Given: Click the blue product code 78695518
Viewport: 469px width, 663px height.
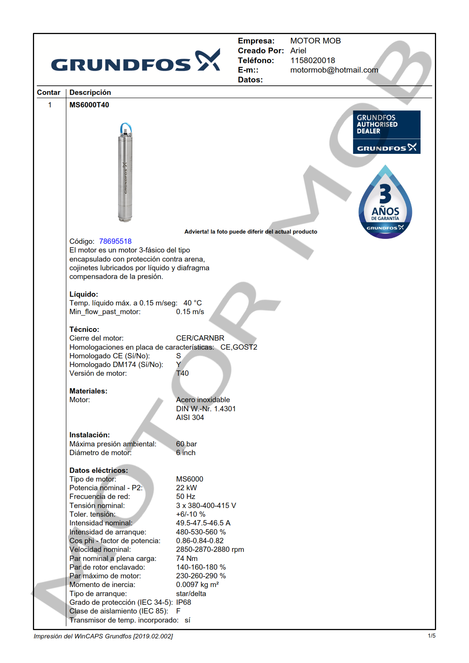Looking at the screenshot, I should [115, 241].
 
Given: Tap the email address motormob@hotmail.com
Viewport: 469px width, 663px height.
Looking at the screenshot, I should [334, 70].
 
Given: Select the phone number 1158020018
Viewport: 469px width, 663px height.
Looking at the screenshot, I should [312, 60].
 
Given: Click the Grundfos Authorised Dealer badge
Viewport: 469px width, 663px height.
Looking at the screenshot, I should [386, 132].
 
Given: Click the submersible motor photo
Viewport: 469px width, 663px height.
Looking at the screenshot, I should [125, 172].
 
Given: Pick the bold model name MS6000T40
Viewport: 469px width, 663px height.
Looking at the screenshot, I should [89, 105].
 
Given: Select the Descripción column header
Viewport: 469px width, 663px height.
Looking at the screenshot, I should [90, 93].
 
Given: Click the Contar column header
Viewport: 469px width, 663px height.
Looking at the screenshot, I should [48, 93].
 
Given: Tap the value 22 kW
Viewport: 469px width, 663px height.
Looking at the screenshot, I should [186, 488].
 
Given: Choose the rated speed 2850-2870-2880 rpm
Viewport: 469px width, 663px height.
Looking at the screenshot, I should [210, 549].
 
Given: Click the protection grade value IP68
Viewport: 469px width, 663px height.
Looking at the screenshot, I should [183, 602].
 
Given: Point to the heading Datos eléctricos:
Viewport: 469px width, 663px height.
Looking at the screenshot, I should [98, 470].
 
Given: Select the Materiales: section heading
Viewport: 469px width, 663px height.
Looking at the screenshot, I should [88, 391].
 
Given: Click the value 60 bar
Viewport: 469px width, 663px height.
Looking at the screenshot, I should [186, 444].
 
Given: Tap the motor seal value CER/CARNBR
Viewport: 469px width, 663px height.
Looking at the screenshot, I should [200, 338].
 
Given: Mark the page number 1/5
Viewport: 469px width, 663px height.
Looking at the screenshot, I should [431, 636].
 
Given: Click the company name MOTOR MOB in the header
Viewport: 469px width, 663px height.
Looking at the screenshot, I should [315, 41].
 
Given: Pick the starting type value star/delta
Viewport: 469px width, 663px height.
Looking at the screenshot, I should [191, 593].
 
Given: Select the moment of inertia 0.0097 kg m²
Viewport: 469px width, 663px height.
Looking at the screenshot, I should [197, 584].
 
